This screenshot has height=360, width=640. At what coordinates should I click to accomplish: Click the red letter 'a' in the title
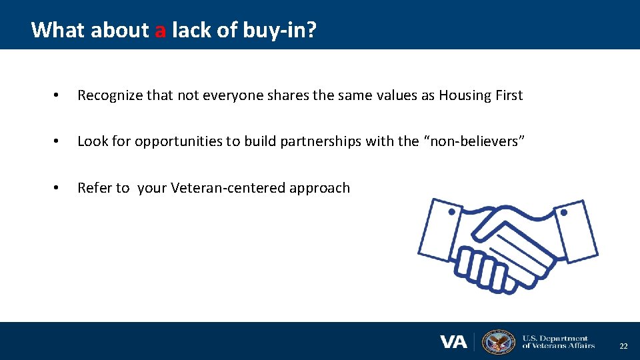(x=160, y=30)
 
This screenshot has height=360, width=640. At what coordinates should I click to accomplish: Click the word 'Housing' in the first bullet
(x=466, y=95)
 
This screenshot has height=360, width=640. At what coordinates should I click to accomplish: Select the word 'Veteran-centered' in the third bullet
(x=228, y=188)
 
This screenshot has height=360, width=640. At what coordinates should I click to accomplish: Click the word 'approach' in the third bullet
(x=319, y=188)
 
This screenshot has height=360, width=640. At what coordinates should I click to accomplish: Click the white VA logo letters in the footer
(x=453, y=342)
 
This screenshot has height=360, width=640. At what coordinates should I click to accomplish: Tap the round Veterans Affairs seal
(x=499, y=342)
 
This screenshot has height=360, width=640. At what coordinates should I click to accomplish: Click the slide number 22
(x=623, y=346)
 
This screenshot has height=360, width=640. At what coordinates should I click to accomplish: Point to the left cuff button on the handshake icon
(x=451, y=212)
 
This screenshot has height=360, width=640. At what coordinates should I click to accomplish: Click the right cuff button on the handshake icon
(x=563, y=213)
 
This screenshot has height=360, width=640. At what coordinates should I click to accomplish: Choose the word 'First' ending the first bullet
(x=509, y=95)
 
